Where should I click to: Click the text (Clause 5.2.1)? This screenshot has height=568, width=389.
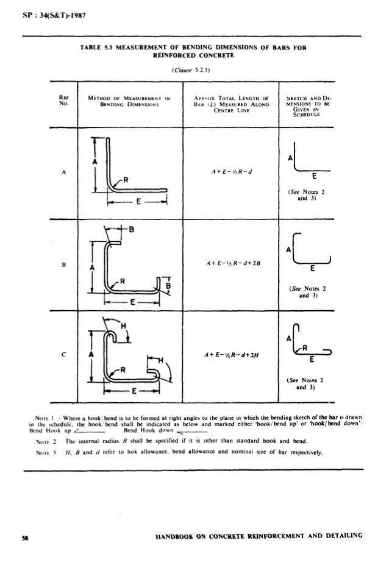(191, 70)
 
